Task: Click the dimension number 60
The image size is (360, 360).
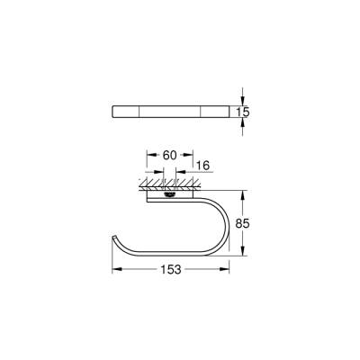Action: pyautogui.click(x=167, y=156)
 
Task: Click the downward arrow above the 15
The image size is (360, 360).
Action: pyautogui.click(x=243, y=97)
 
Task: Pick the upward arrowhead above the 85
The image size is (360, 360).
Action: pyautogui.click(x=243, y=193)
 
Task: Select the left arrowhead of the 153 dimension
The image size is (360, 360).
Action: pyautogui.click(x=115, y=269)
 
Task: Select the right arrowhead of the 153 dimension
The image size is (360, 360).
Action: pyautogui.click(x=227, y=269)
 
